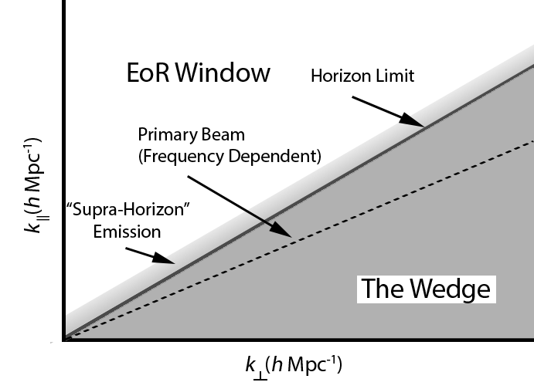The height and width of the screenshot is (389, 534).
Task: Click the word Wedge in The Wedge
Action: pyautogui.click(x=452, y=289)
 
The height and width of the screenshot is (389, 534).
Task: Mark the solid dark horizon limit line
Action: pyautogui.click(x=348, y=167)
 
